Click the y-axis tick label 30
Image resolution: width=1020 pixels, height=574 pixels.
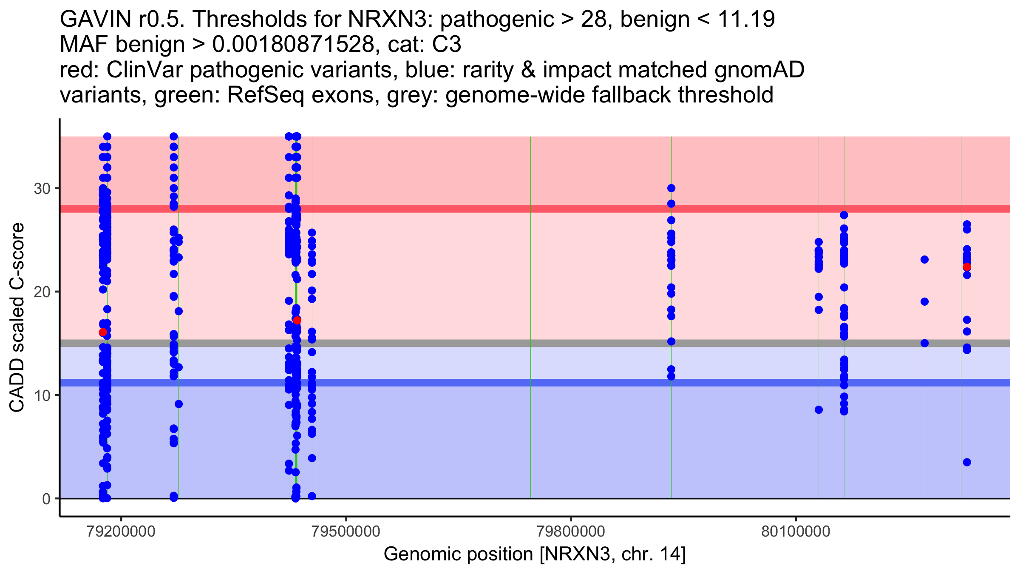42,188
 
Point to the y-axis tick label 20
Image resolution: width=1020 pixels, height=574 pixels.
42,292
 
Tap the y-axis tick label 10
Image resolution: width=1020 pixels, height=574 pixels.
42,395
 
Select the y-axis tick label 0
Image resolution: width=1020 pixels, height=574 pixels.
46,499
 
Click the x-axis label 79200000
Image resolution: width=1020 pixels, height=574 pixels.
121,531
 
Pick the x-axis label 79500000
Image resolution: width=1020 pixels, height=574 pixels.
346,531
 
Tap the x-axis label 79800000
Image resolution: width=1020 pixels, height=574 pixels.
571,531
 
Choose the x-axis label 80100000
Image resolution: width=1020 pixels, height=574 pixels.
796,531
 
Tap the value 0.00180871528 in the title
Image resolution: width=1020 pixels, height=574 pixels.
293,45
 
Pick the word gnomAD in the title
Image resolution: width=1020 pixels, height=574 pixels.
759,70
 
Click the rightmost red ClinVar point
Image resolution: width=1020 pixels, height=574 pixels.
967,267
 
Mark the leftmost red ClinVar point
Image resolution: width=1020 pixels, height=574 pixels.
103,332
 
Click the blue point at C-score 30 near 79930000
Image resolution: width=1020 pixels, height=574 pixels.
671,188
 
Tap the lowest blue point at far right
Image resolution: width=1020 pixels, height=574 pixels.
967,462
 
